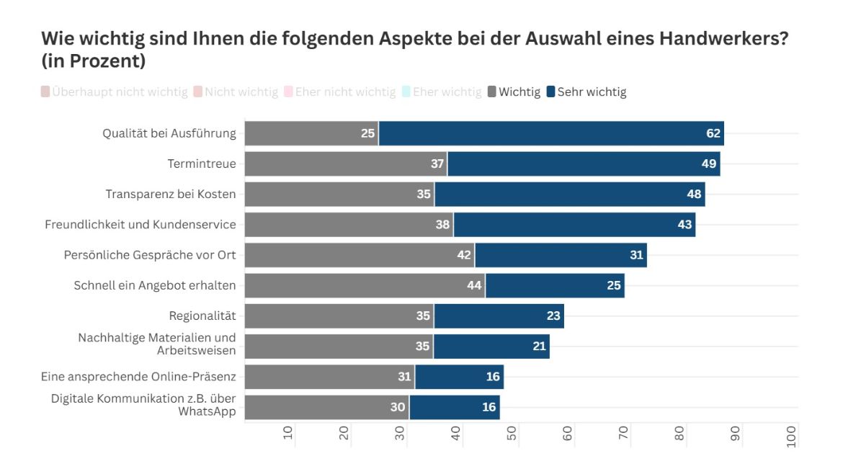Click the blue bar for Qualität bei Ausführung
click(551, 134)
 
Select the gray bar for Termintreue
click(346, 164)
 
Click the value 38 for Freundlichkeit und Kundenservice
click(442, 225)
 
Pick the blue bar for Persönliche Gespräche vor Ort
click(561, 255)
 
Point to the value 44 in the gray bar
click(473, 286)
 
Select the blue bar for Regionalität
click(499, 316)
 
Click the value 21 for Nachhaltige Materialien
click(540, 346)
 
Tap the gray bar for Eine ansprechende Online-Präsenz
click(329, 377)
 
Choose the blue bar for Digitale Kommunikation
click(454, 407)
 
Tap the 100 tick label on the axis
click(792, 436)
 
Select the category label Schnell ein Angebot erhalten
click(155, 286)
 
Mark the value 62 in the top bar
click(714, 134)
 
